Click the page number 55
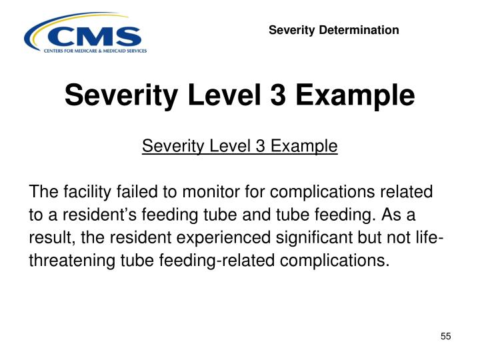pos(446,337)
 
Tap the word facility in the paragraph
pos(85,192)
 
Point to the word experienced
pos(203,237)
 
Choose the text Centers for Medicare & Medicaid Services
pos(95,51)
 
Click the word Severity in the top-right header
pos(291,30)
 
